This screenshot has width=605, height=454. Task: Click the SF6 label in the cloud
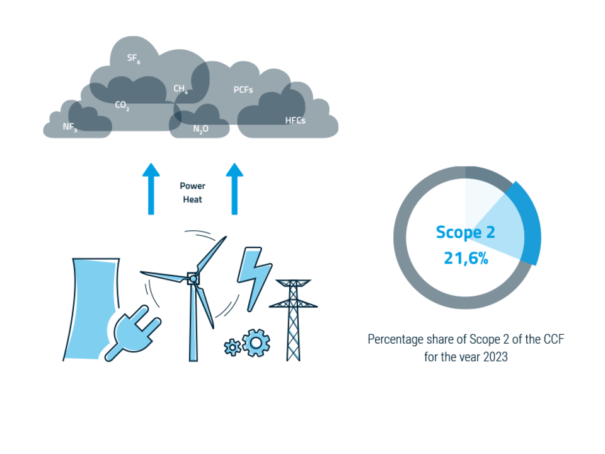coord(133,59)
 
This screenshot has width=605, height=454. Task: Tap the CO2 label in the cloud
coord(122,105)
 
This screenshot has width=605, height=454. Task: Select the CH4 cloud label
coord(180,89)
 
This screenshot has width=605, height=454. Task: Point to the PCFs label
coord(243,90)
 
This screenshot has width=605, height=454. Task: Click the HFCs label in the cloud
coord(295,120)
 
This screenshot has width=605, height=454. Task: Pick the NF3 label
coord(69,127)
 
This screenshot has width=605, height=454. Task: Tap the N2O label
coord(200,129)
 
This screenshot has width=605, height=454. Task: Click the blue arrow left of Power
coord(151,189)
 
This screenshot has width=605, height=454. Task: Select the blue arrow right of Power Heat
coord(235,189)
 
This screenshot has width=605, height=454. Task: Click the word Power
coord(192,186)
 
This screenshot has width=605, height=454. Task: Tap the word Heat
coord(192,199)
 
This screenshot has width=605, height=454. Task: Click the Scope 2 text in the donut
coord(465,232)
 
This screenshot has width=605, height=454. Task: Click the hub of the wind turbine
coord(192,277)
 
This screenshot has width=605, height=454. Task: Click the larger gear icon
coord(256,342)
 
